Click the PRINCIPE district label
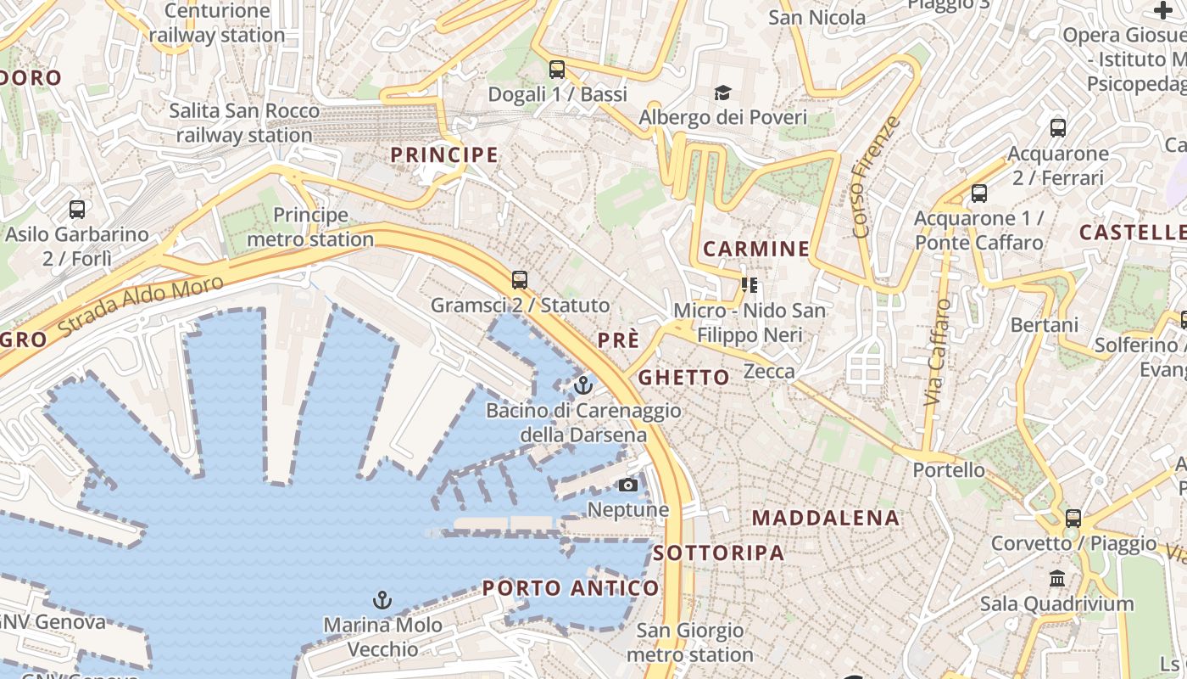coord(443,154)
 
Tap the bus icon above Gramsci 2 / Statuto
coord(520,279)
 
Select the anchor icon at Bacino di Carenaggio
coord(582,386)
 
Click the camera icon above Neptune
coord(628,485)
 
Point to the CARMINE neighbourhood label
coord(756,249)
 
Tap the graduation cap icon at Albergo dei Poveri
coord(722,92)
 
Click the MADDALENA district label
coord(825,518)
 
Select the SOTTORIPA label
coord(718,553)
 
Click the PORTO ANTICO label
coord(570,588)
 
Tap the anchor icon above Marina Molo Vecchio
coord(382,601)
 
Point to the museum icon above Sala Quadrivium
coord(1057,579)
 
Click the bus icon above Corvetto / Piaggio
coord(1073,518)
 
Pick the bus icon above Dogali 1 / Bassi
coord(557,70)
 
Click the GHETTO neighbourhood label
coord(683,378)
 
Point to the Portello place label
coord(949,469)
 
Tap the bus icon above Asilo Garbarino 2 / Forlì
coord(77,209)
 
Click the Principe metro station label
coord(310,227)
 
